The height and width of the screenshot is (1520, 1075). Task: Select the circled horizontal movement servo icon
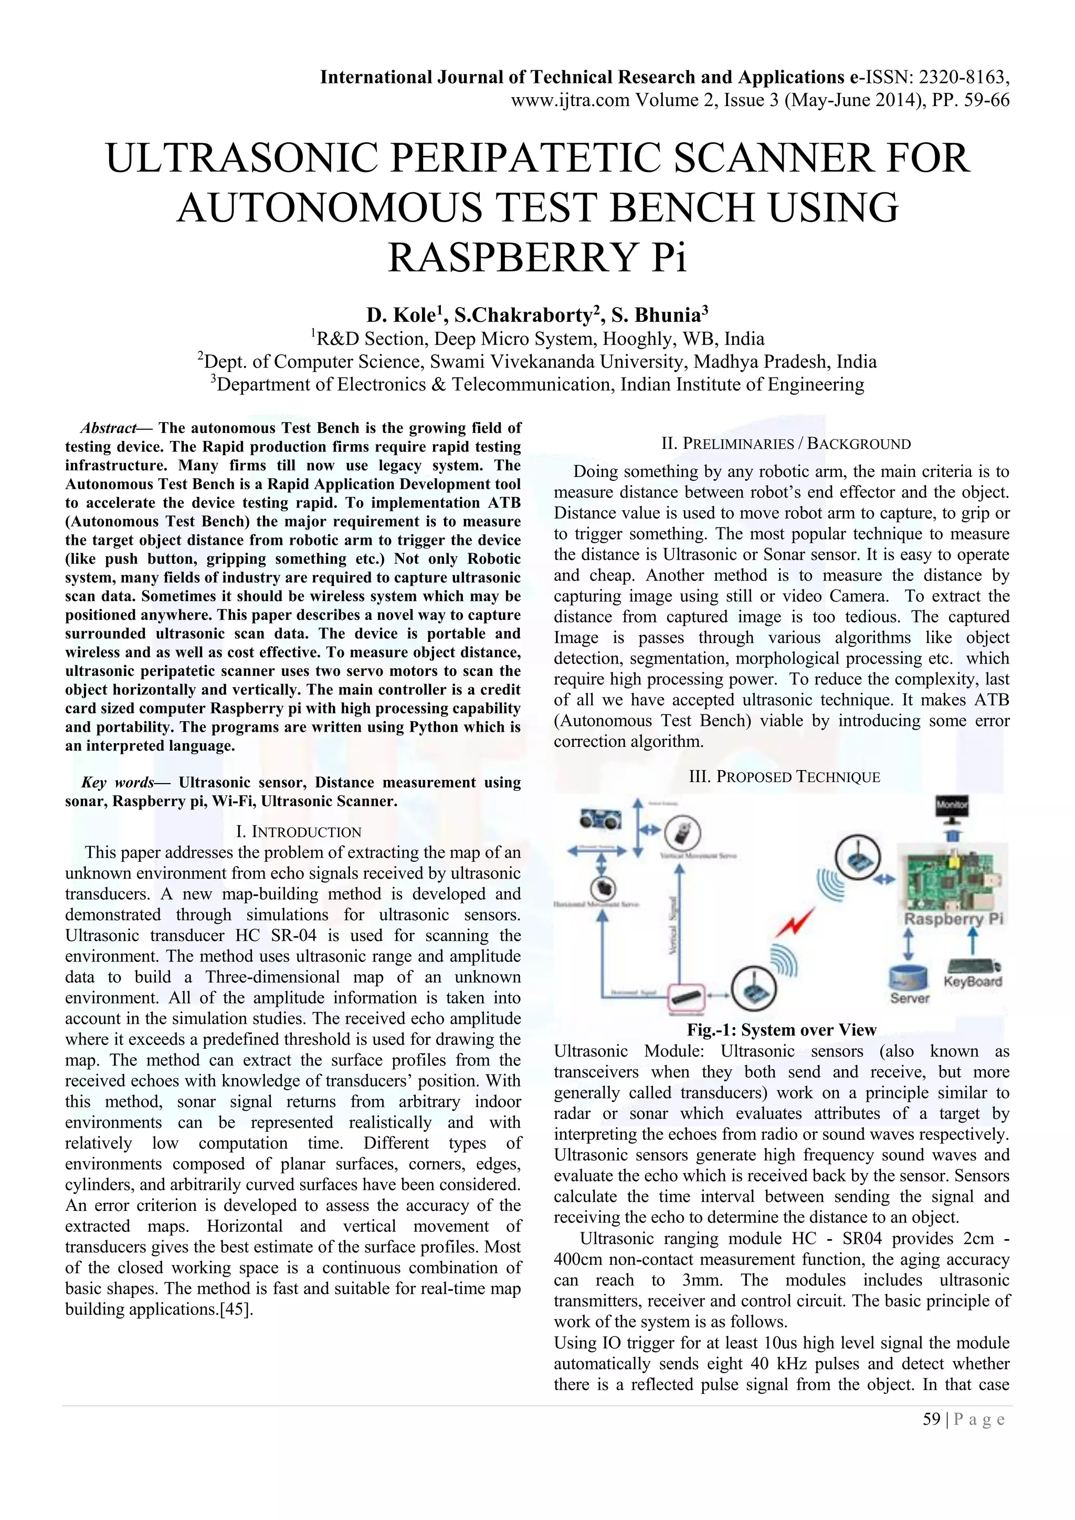tap(604, 886)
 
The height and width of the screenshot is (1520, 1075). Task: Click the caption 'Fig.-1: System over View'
tap(781, 1030)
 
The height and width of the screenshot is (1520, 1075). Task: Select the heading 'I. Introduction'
tap(299, 832)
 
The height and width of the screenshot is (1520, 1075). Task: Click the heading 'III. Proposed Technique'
tap(784, 777)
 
